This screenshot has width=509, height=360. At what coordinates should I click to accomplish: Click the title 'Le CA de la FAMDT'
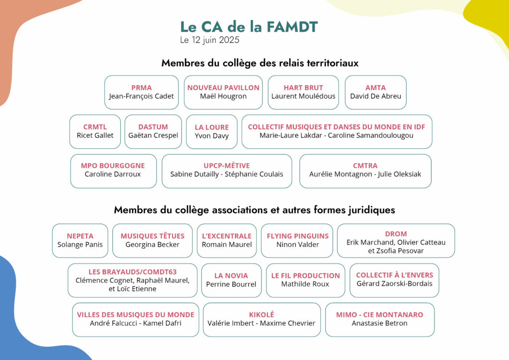coord(249,27)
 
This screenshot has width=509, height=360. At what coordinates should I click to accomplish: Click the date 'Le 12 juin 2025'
coord(210,40)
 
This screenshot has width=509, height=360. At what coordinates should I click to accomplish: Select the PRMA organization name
coord(142,88)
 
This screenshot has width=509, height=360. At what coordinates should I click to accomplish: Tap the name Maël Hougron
coord(223,96)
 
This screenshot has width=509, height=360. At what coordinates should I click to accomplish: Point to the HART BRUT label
coord(303,88)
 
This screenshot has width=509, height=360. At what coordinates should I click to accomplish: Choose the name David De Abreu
coord(375,96)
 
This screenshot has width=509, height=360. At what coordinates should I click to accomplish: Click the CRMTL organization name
coord(95,127)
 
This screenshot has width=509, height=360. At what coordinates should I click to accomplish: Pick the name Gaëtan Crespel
coord(153,135)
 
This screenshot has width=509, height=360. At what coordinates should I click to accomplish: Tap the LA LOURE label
coord(212,127)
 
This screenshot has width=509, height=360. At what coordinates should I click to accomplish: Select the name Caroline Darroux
coord(113,174)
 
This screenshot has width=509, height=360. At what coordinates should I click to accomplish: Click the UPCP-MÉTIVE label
coord(227,166)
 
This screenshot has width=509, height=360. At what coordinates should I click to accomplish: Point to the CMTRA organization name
coord(365,166)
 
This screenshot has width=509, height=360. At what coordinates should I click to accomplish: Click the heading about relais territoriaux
coord(260,63)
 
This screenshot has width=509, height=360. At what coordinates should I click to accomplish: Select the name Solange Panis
coord(80,244)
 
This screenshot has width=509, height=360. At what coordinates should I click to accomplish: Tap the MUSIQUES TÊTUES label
coord(153,236)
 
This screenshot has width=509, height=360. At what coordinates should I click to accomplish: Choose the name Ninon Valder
coord(298,244)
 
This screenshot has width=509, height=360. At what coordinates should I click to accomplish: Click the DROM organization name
coord(396,234)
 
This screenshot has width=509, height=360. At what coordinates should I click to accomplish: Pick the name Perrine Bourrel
coord(231,284)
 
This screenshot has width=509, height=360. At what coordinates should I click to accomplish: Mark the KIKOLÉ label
coord(261,315)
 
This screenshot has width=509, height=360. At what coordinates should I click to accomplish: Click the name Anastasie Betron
coord(379,323)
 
